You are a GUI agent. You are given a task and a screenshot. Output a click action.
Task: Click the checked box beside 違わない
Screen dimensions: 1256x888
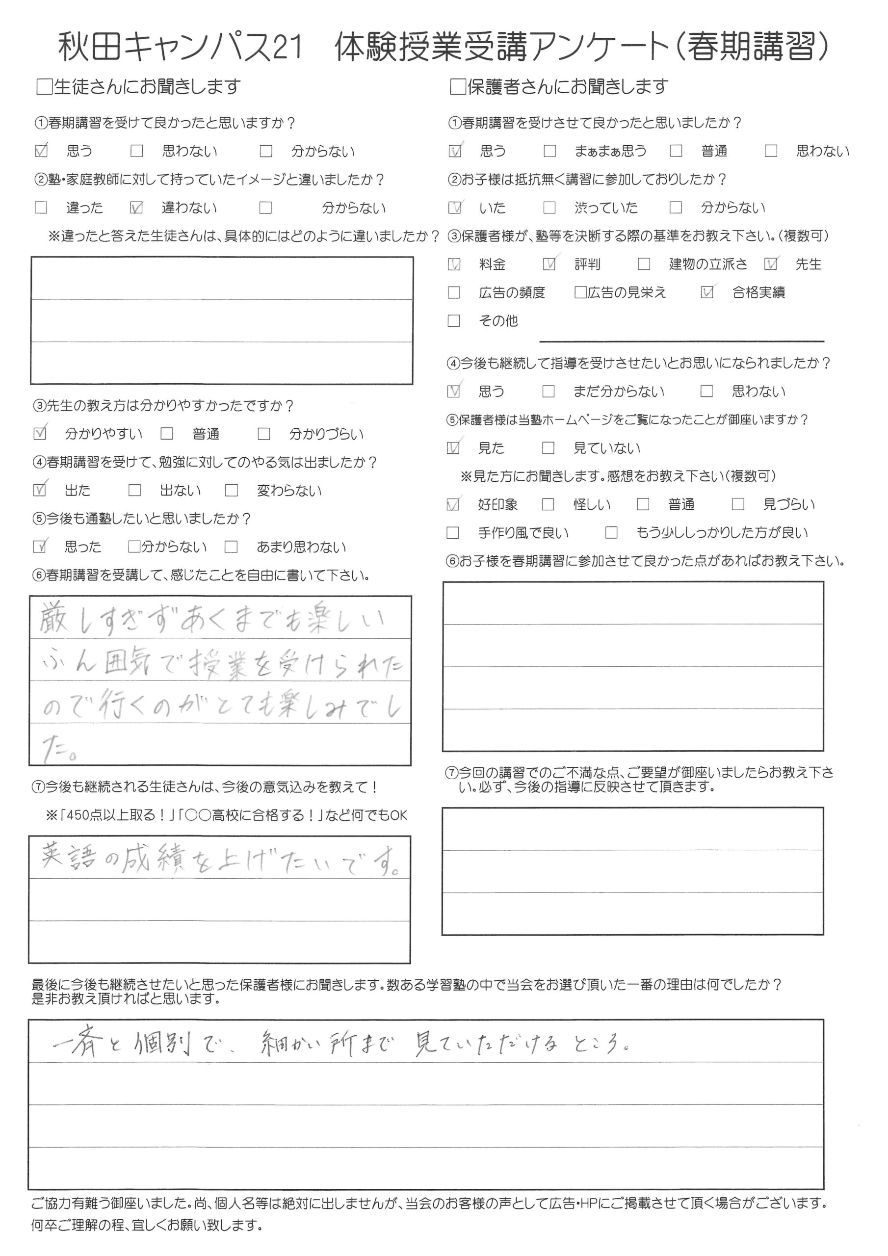click(136, 208)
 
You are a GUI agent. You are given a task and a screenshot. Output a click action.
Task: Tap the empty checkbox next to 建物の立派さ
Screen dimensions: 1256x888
click(644, 265)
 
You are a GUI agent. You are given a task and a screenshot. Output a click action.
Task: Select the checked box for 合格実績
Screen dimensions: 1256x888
click(707, 293)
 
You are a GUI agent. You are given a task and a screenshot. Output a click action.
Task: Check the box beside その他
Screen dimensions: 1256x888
click(454, 320)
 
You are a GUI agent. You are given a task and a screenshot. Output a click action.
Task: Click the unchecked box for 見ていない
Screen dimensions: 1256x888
click(548, 448)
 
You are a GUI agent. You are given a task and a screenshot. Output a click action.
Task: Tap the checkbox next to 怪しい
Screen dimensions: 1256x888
click(548, 504)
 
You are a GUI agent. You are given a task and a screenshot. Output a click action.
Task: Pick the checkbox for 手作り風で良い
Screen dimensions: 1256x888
click(453, 532)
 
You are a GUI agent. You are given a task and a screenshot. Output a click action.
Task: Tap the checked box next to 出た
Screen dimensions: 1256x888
click(39, 490)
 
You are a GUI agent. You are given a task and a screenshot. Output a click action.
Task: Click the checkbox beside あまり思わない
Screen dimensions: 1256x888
click(232, 547)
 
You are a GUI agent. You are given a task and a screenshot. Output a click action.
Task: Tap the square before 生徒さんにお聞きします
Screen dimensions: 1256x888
click(44, 87)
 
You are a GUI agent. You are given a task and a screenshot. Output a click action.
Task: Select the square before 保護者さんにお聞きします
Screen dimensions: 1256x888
click(457, 87)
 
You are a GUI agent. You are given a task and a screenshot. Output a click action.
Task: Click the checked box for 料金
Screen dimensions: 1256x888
click(454, 265)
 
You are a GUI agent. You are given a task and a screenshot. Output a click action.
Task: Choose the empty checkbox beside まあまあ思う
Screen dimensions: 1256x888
click(550, 151)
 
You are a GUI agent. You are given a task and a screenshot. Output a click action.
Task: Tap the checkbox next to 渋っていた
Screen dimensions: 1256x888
click(549, 208)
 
